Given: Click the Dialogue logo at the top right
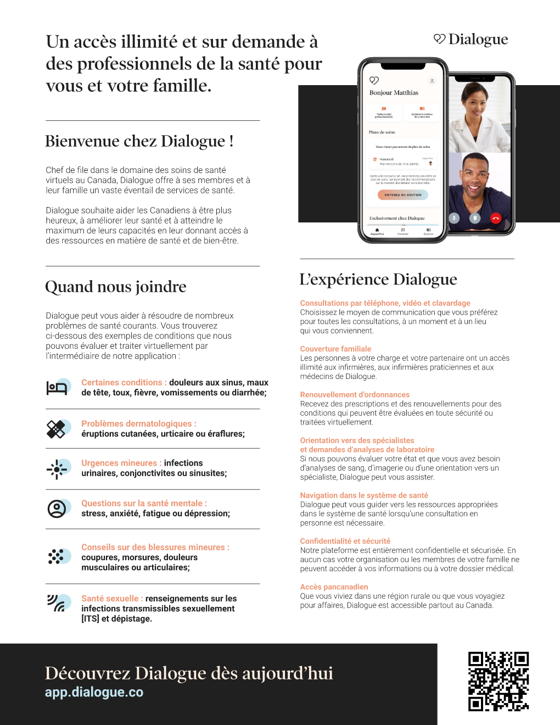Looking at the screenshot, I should point(471,39).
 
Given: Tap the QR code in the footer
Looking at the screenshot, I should point(498,681).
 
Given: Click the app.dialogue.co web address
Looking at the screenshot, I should point(94,692).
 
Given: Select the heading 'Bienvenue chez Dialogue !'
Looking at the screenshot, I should point(139,141).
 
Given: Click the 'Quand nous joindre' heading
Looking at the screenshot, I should point(116,287).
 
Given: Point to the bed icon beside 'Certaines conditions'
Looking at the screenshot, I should point(57,388).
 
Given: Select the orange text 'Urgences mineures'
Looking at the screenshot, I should point(119,463).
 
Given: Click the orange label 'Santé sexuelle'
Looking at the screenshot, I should point(110,599).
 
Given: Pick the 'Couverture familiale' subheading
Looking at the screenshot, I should point(335,349).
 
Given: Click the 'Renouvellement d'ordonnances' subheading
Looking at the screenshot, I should point(355,394).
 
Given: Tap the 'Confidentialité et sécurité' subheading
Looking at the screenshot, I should point(345,541).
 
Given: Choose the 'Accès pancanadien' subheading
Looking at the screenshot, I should point(334,587).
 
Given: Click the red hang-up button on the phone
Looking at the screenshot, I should point(496,218).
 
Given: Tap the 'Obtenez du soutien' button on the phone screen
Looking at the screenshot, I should point(403,194).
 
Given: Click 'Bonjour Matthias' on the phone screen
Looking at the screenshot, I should point(394,93).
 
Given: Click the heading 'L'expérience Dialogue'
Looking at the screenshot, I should point(378,280).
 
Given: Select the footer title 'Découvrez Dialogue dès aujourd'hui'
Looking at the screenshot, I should point(189,673).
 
